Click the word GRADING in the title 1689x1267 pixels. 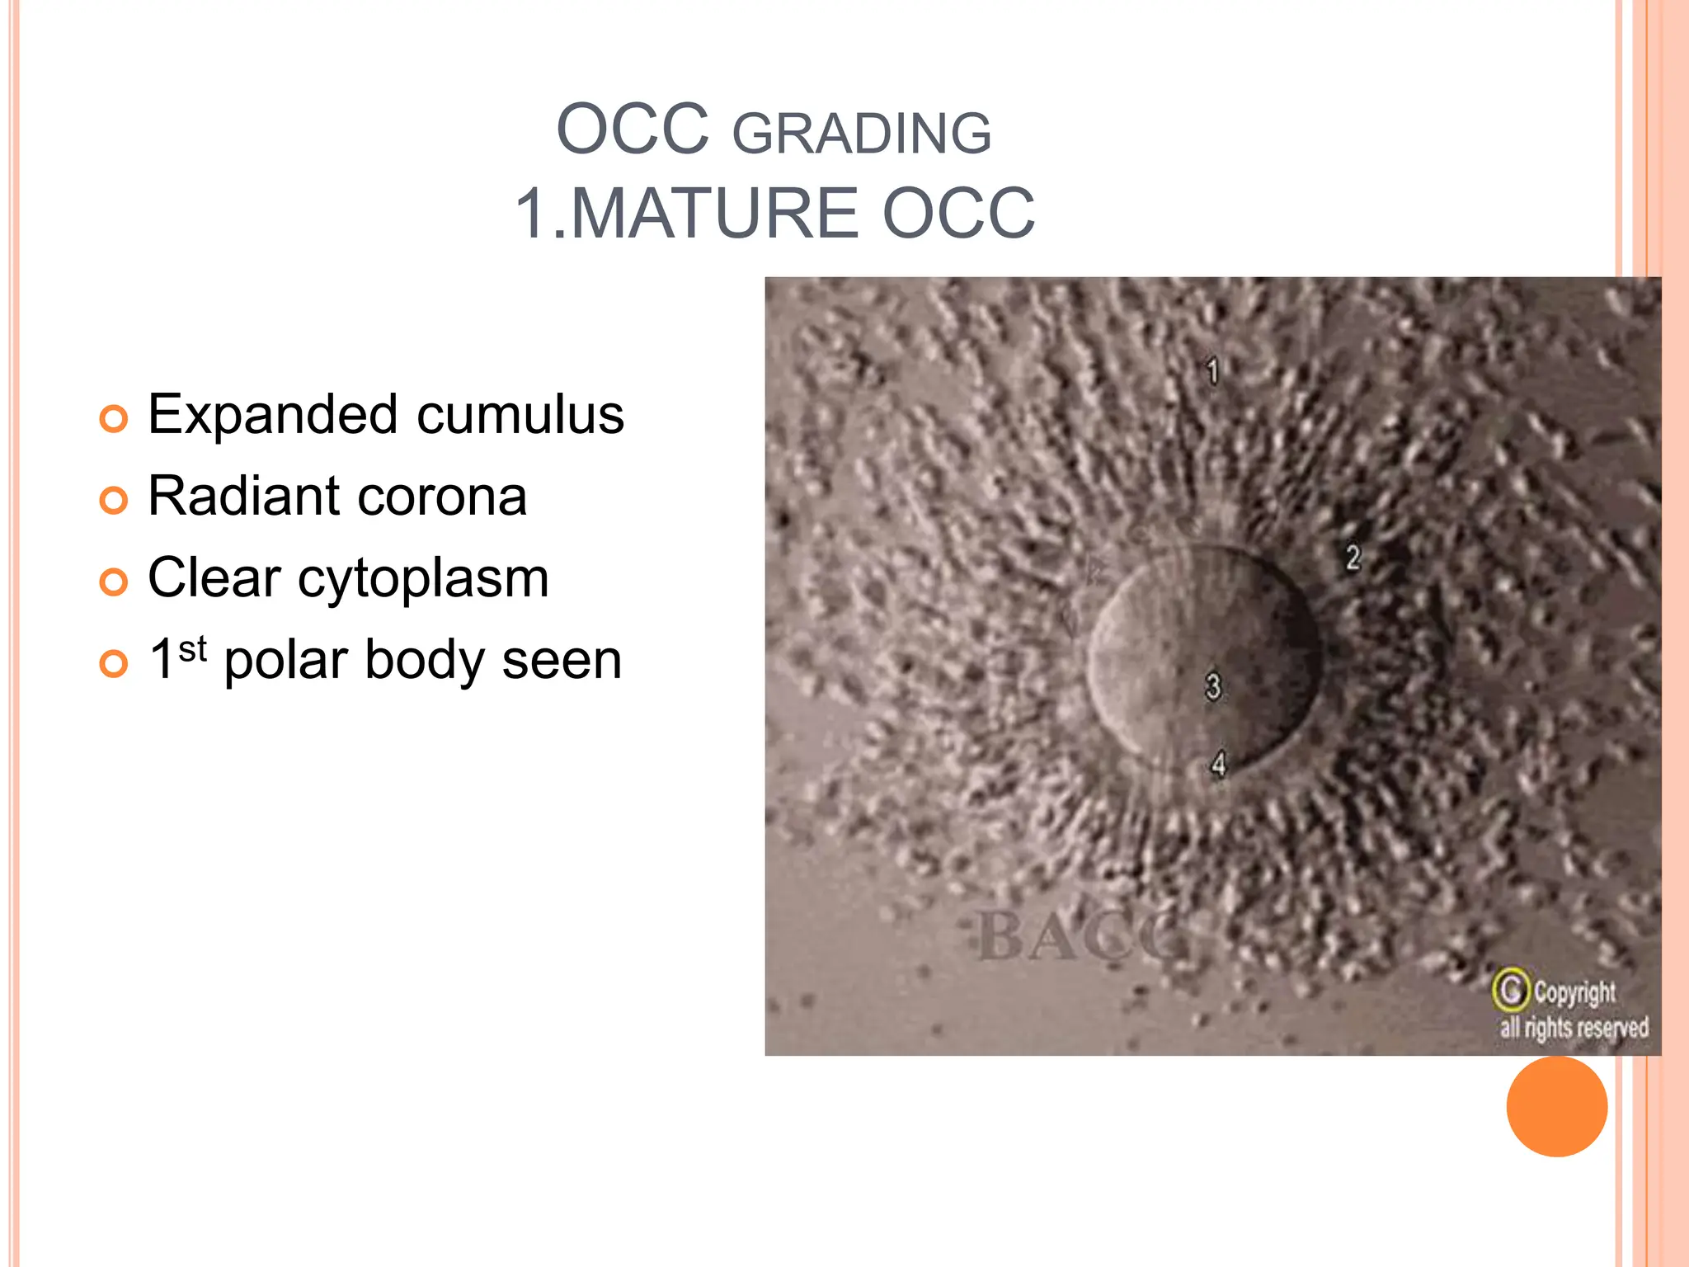862,134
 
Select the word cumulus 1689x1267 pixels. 520,414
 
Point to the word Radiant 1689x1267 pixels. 243,497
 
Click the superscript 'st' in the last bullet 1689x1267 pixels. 192,649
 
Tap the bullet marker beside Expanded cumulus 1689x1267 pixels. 114,419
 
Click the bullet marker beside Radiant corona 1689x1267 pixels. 114,501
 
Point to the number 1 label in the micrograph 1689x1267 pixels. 1212,371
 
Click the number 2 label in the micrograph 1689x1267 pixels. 1353,558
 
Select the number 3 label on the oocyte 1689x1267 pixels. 1212,686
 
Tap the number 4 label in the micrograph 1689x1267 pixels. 1219,765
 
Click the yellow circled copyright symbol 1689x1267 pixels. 1511,990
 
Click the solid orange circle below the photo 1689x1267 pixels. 1556,1106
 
